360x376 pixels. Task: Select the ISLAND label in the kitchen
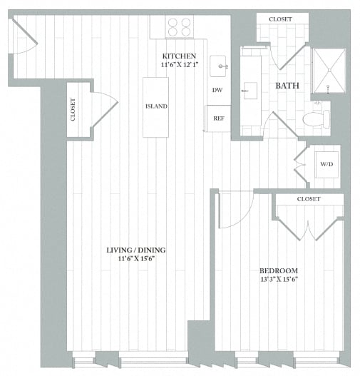pyautogui.click(x=155, y=106)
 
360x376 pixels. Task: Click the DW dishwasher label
pyautogui.click(x=217, y=91)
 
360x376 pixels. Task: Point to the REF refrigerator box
pyautogui.click(x=218, y=118)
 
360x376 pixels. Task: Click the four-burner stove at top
pyautogui.click(x=180, y=27)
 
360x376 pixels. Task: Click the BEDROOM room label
pyautogui.click(x=278, y=270)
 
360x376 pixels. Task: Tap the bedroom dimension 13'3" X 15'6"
pyautogui.click(x=278, y=280)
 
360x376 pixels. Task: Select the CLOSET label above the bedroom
pyautogui.click(x=308, y=199)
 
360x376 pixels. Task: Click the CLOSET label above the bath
pyautogui.click(x=279, y=19)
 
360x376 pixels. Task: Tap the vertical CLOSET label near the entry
pyautogui.click(x=73, y=109)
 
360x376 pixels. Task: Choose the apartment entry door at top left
pyautogui.click(x=24, y=39)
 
